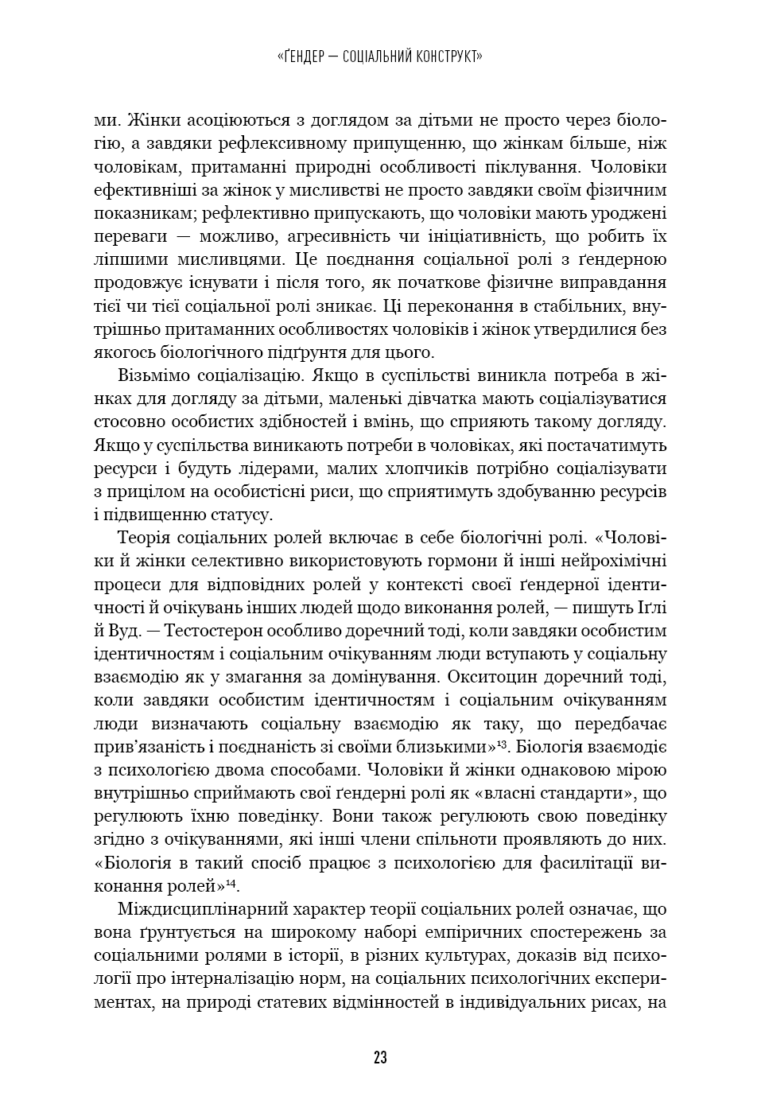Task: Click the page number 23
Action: (x=379, y=1058)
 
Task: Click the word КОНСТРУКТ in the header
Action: (x=445, y=56)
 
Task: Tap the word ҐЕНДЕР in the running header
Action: (x=310, y=56)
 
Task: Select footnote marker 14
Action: (x=231, y=881)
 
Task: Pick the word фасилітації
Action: (x=584, y=863)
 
